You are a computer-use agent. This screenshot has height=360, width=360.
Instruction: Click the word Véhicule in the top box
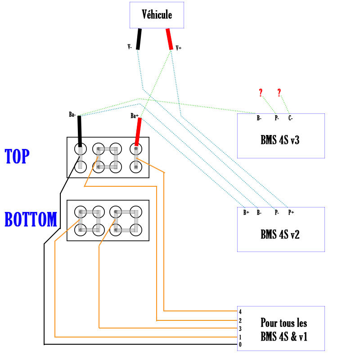point(157,14)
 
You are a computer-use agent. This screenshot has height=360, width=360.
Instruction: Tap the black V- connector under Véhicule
point(139,39)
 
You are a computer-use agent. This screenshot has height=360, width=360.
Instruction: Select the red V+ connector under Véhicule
point(170,39)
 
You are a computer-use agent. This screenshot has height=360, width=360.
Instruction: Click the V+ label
point(179,48)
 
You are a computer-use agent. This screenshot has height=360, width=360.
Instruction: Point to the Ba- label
point(72,115)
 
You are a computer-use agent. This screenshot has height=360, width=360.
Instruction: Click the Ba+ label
point(134,116)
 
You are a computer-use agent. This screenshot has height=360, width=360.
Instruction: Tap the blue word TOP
point(17,156)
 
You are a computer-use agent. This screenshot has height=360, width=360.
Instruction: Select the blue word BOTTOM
point(31,220)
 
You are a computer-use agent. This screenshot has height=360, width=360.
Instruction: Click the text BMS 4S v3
point(280,140)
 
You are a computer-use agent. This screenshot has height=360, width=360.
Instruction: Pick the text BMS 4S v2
point(280,234)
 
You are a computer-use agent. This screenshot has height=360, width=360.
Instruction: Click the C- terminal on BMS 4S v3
point(291,118)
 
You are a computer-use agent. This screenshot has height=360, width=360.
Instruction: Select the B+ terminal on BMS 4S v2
point(246,212)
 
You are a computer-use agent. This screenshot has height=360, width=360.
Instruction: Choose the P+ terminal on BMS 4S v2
point(291,212)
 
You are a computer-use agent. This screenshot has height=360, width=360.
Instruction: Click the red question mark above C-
point(279,93)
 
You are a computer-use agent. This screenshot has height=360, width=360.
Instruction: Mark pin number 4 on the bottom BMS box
point(240,311)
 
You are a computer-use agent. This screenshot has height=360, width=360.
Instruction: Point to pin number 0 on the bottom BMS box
point(240,345)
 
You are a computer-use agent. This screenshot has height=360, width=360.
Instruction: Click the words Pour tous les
point(283,323)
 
